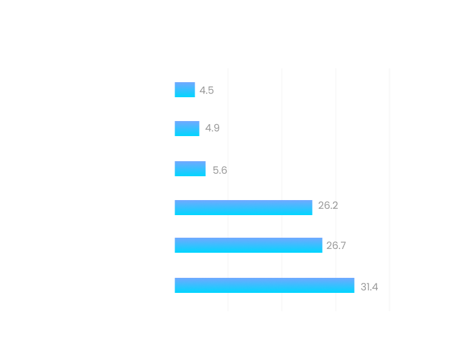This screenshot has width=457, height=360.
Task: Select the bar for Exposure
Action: point(185,90)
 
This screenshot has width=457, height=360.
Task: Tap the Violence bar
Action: point(187,129)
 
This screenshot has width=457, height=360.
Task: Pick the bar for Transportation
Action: point(190,169)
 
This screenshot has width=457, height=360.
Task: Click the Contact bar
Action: point(244,208)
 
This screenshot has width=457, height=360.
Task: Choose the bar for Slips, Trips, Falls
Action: point(249,245)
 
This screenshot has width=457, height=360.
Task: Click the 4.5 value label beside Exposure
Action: point(207,90)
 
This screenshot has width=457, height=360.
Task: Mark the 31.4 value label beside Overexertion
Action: point(369,287)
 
